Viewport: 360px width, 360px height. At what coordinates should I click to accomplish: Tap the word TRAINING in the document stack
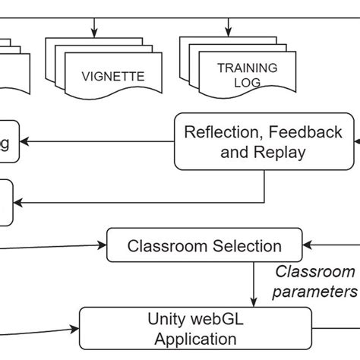coord(247,68)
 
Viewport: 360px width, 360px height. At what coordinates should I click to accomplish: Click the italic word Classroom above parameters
coord(314,271)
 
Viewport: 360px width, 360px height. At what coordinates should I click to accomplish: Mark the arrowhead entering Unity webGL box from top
coord(254,302)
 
